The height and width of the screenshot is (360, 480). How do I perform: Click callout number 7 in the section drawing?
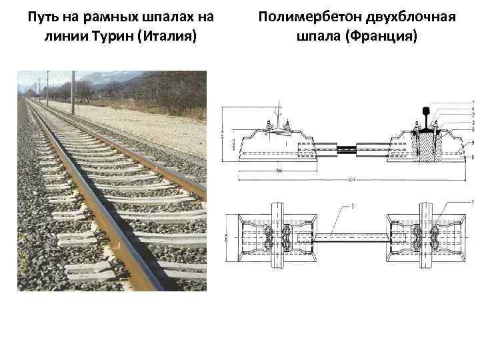472,100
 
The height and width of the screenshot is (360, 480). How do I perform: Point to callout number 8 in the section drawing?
472,157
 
